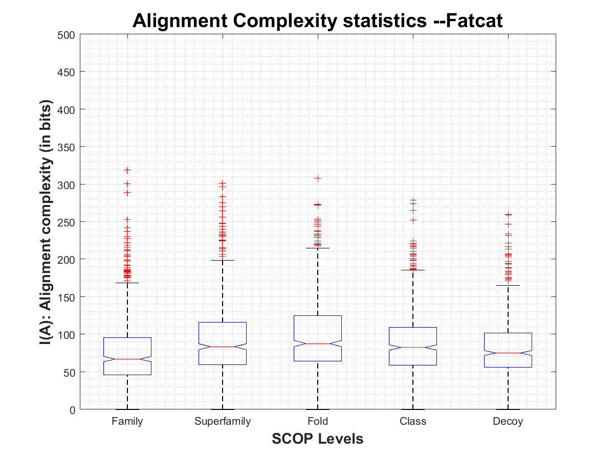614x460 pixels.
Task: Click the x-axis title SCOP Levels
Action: click(x=317, y=439)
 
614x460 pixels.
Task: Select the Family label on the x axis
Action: click(x=127, y=422)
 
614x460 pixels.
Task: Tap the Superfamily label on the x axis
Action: click(x=223, y=422)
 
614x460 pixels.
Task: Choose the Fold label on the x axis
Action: click(x=318, y=422)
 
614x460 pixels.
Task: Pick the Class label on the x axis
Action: click(x=413, y=422)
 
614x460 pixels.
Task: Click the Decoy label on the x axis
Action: click(x=508, y=422)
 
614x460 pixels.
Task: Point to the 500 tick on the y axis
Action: click(x=67, y=35)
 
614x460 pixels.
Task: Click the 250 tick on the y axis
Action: click(x=67, y=222)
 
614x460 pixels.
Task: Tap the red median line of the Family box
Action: click(x=127, y=359)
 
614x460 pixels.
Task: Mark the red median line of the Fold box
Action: click(x=318, y=343)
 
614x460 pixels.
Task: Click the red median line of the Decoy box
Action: click(x=508, y=353)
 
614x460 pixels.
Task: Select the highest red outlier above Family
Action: click(x=127, y=170)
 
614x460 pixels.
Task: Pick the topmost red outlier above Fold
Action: click(x=318, y=178)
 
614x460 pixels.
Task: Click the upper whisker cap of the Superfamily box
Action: click(x=223, y=260)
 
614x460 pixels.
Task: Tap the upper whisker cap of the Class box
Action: click(x=413, y=270)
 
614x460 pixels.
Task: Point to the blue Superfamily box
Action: click(x=223, y=332)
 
